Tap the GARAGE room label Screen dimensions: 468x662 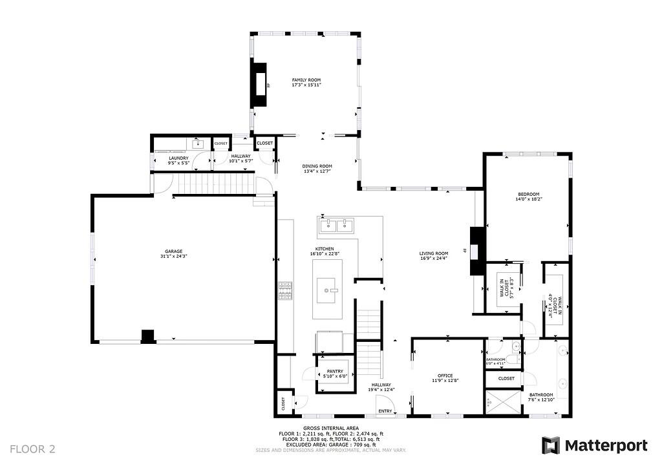pos(173,251)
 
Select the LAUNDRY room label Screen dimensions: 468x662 pos(178,158)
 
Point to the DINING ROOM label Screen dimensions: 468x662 pos(317,166)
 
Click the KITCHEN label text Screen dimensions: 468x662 pos(325,249)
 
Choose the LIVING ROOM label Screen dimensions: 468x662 pos(433,253)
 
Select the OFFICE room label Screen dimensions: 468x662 pos(445,376)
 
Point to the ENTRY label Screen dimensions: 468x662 pos(385,411)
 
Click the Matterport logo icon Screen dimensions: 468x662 pos(550,445)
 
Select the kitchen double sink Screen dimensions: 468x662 pos(336,226)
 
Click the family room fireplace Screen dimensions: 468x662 pos(260,84)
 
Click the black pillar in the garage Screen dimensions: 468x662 pos(149,336)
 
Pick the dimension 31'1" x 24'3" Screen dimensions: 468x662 pos(173,257)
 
